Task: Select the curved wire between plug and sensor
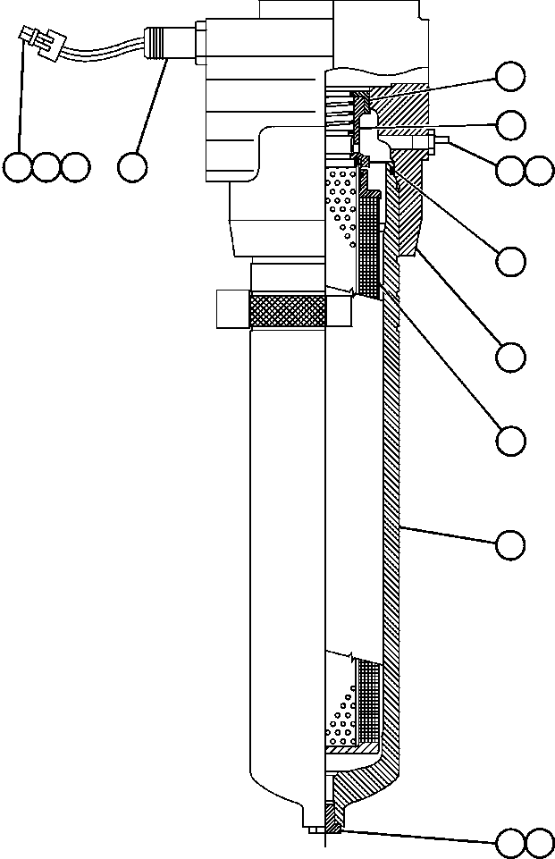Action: [x=98, y=54]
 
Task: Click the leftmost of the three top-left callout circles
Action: [x=17, y=167]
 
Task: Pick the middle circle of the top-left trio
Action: [x=46, y=167]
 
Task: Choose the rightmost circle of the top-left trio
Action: [x=75, y=167]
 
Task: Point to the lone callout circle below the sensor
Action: [x=132, y=167]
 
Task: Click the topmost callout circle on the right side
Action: [x=510, y=77]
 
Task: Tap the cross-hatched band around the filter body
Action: [x=288, y=312]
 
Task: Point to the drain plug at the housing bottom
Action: [x=330, y=819]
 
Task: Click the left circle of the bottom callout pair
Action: [x=510, y=842]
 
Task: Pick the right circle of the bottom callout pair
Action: [x=539, y=842]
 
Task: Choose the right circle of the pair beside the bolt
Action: [x=539, y=171]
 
